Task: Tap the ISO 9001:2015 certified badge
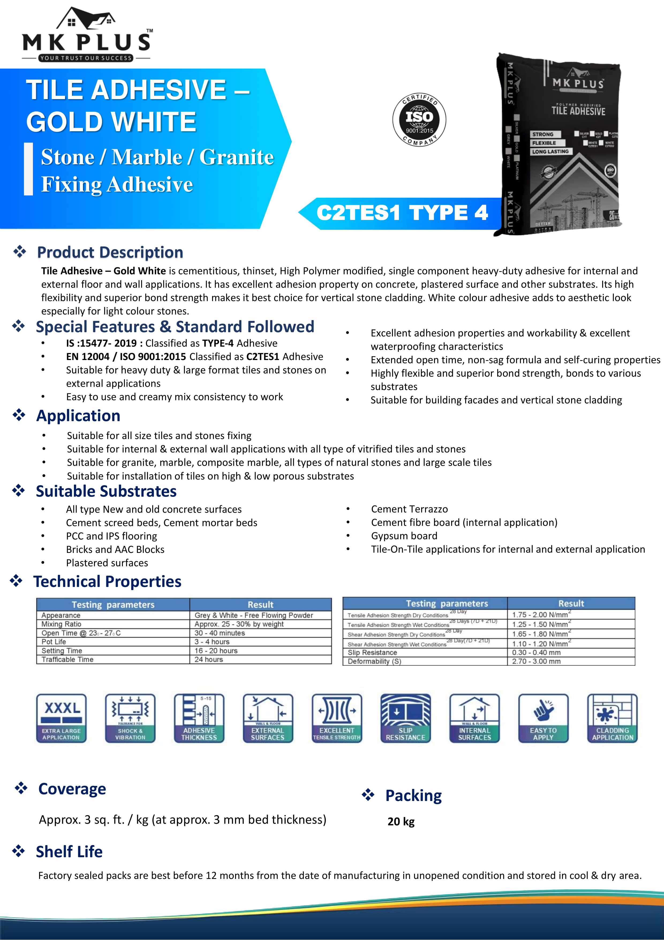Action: [x=419, y=119]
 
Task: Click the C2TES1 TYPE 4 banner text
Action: [x=402, y=213]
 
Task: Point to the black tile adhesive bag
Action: [x=560, y=143]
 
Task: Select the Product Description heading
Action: [x=110, y=252]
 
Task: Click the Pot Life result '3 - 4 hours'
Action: [x=212, y=642]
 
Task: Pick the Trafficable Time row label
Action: [x=67, y=659]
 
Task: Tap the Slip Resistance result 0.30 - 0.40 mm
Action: [x=536, y=652]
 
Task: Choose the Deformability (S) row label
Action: [x=374, y=661]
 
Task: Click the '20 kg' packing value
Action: [x=401, y=822]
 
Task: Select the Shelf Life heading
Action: [x=69, y=852]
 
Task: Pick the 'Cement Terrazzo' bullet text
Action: [x=409, y=509]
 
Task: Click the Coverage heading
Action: [x=72, y=789]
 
